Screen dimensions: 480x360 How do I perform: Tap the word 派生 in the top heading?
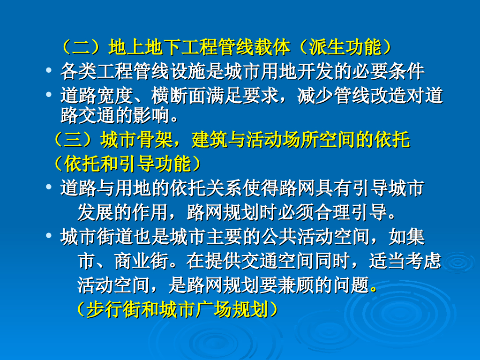pos(327,47)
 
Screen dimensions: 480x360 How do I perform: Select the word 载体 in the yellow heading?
pos(272,47)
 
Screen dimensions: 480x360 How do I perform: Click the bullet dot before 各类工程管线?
pos(49,70)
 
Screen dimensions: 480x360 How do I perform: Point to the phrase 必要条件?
pos(388,71)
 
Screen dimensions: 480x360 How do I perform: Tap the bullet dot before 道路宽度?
pos(49,95)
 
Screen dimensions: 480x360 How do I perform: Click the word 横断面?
pos(179,96)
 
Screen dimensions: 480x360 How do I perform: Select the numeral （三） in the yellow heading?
pos(73,140)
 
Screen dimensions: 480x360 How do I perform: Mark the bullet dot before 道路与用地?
pos(49,187)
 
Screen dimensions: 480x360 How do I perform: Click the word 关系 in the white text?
pos(224,187)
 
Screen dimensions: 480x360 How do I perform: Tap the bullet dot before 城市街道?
pos(49,235)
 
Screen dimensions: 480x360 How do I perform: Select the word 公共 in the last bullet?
pos(278,237)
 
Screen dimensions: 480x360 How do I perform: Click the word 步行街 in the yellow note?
pos(113,309)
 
